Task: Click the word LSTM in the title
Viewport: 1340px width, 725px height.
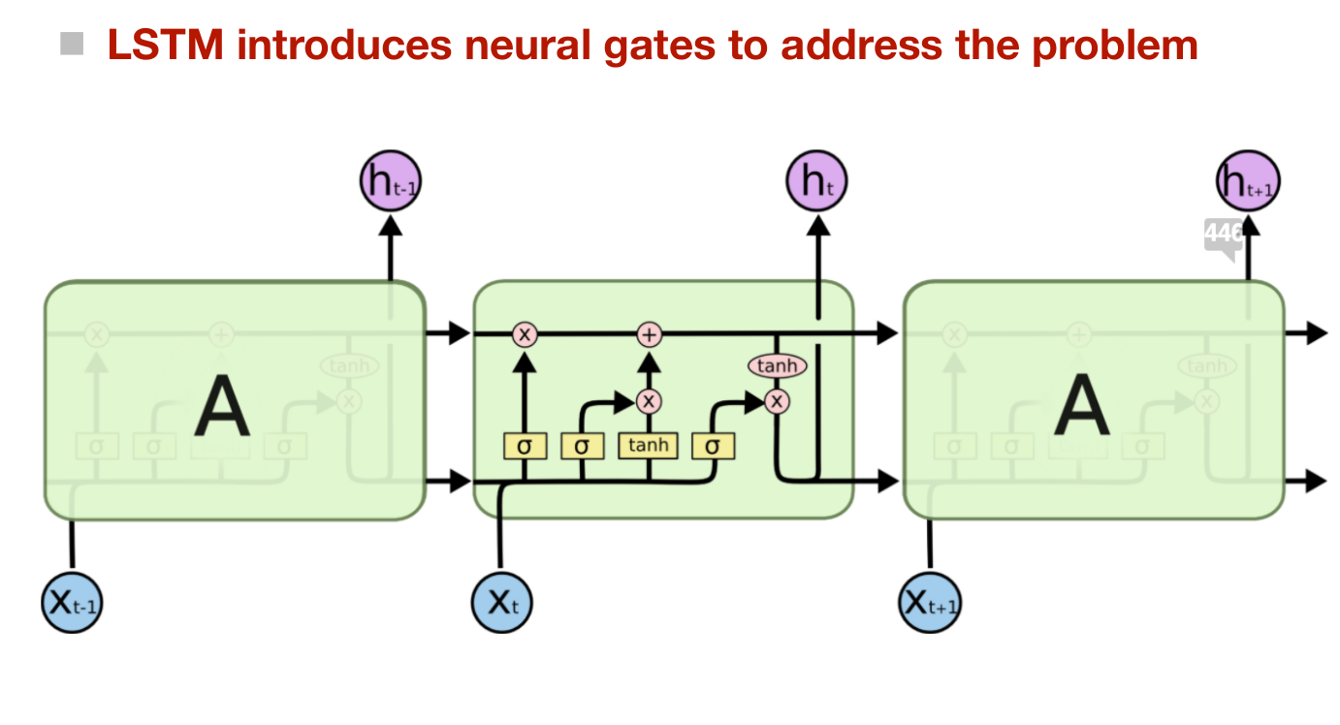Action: (x=166, y=45)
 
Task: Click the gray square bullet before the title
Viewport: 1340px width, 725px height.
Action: (x=72, y=44)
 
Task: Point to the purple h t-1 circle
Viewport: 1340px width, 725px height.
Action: (x=391, y=180)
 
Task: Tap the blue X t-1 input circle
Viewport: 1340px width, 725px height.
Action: (x=72, y=602)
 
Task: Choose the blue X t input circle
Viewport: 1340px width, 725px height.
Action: (x=501, y=602)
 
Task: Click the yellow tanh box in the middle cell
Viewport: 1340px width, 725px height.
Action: (x=649, y=445)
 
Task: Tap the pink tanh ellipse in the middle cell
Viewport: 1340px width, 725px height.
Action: (x=777, y=365)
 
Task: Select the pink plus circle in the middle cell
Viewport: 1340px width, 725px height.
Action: (x=649, y=334)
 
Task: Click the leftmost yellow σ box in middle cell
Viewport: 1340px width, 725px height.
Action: (x=525, y=446)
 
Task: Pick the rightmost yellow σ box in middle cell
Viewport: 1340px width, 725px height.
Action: (x=713, y=446)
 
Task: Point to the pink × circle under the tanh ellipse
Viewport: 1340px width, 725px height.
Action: (x=777, y=400)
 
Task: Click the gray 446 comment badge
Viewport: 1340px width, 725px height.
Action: (x=1223, y=235)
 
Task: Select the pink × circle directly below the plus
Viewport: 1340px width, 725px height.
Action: (x=649, y=400)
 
